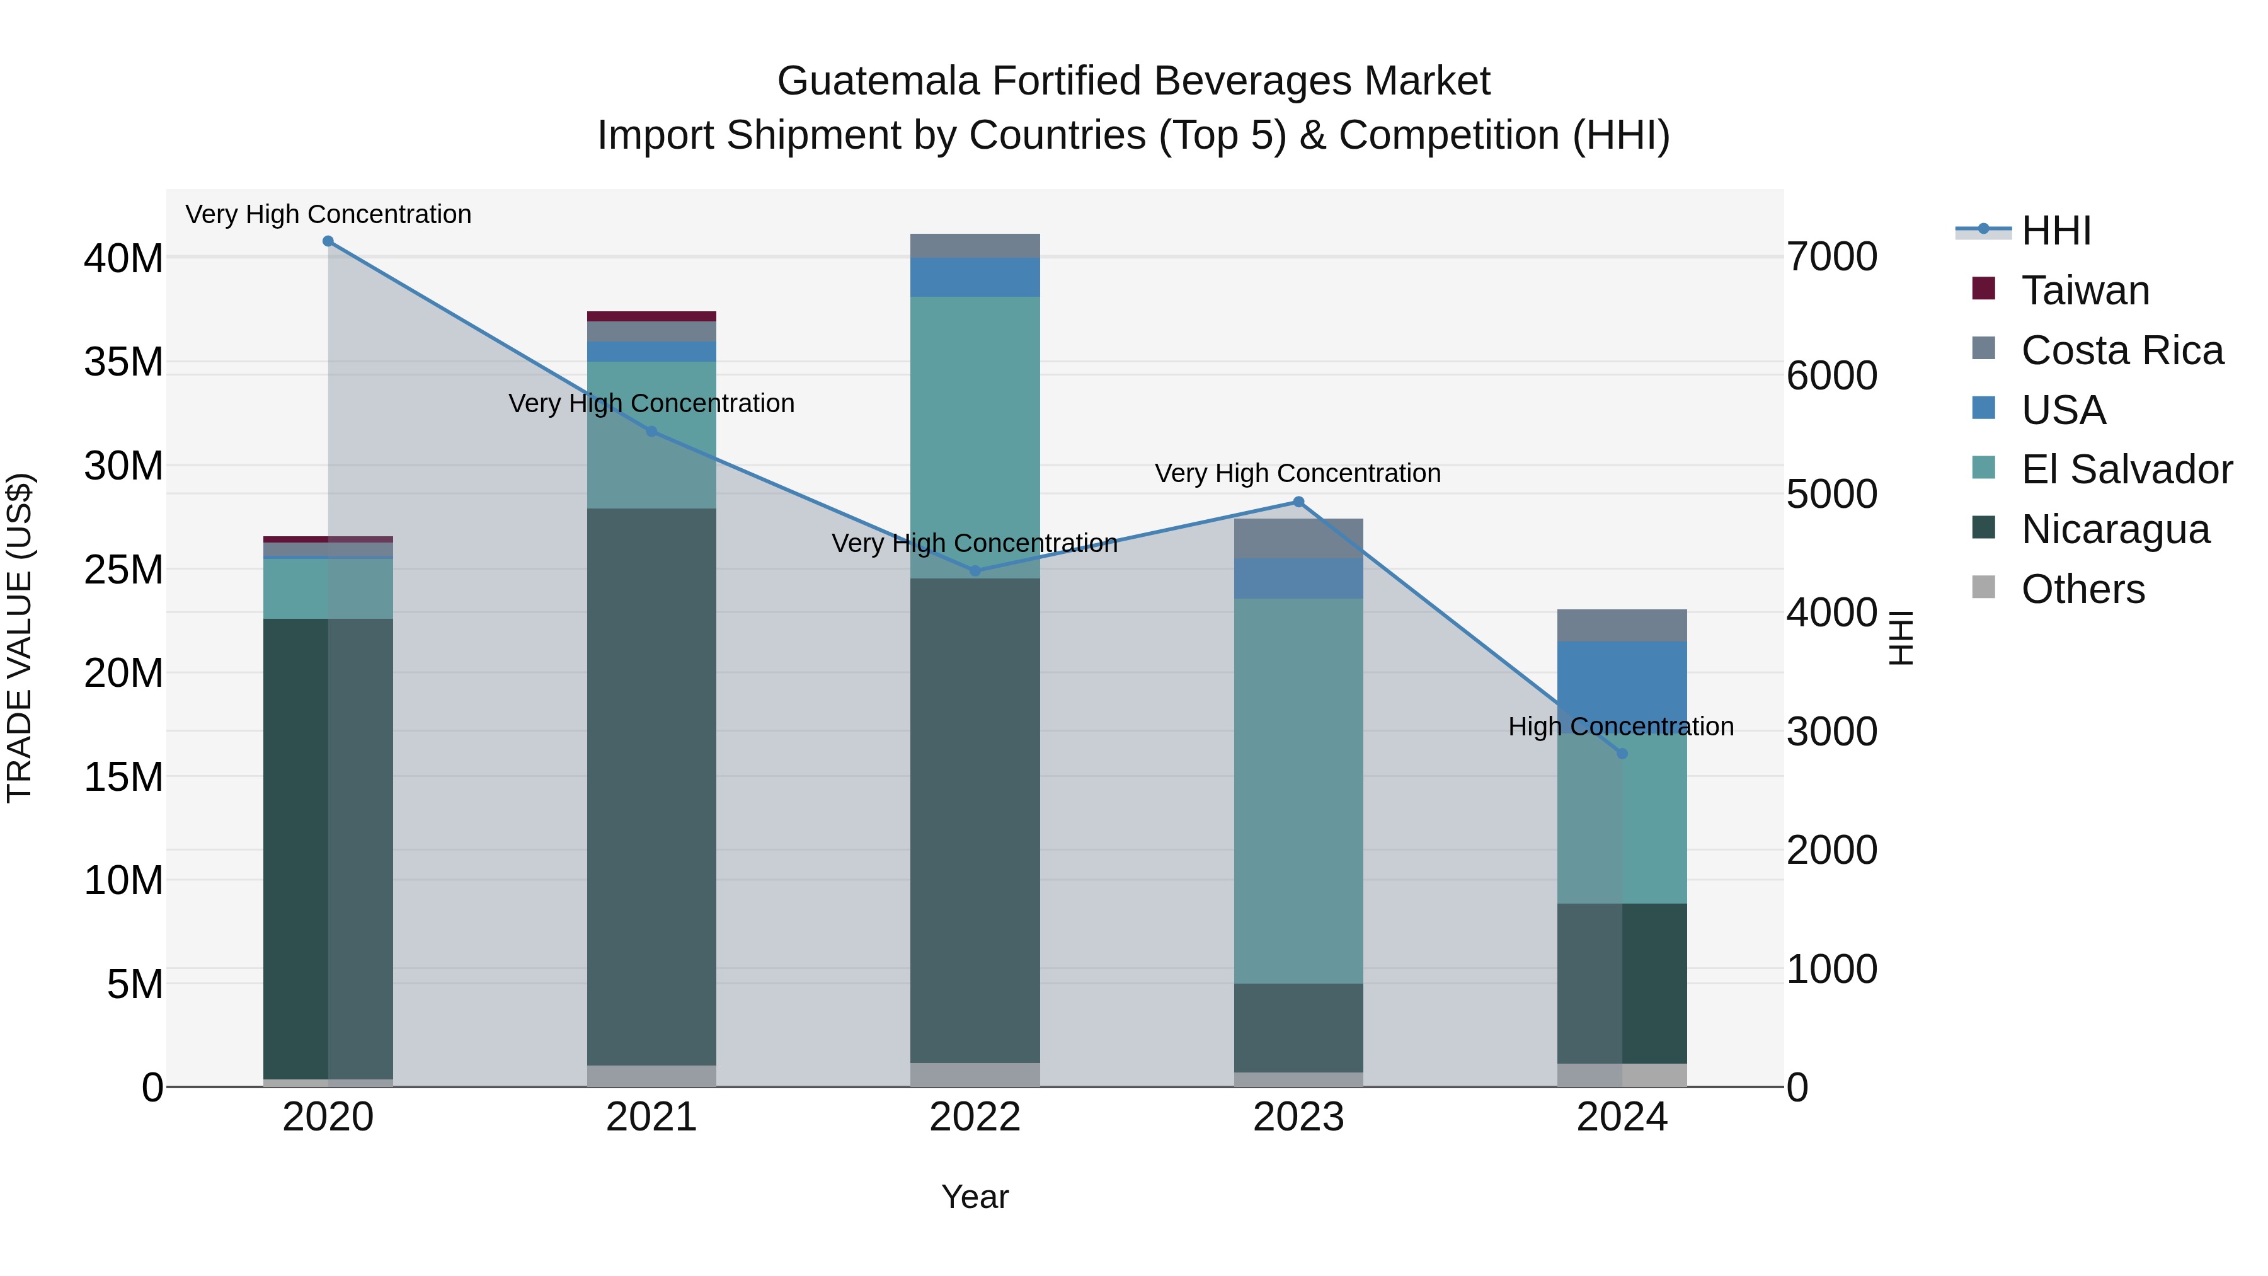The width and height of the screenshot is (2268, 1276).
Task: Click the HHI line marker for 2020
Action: tap(328, 241)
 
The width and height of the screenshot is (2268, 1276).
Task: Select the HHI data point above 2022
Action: tap(975, 571)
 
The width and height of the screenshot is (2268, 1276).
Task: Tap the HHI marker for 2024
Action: tap(1622, 754)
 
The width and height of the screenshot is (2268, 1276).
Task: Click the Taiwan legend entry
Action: tap(2085, 290)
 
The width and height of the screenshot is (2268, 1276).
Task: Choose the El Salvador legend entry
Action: tap(2126, 469)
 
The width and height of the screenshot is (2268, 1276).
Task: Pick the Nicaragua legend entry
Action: tap(2115, 529)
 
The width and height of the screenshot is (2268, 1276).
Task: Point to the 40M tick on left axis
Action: tap(123, 259)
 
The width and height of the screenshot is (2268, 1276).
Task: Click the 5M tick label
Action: tap(135, 984)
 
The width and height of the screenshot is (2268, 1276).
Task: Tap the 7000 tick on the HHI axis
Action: tap(1831, 257)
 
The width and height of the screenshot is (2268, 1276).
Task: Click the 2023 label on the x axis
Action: tap(1298, 1117)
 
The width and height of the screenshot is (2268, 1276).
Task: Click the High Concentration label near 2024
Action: tap(1621, 727)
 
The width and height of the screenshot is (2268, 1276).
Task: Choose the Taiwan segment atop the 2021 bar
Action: tap(651, 316)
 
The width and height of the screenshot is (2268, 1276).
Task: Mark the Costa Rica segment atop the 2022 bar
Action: tap(975, 246)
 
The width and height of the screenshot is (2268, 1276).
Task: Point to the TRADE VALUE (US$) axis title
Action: tap(20, 638)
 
